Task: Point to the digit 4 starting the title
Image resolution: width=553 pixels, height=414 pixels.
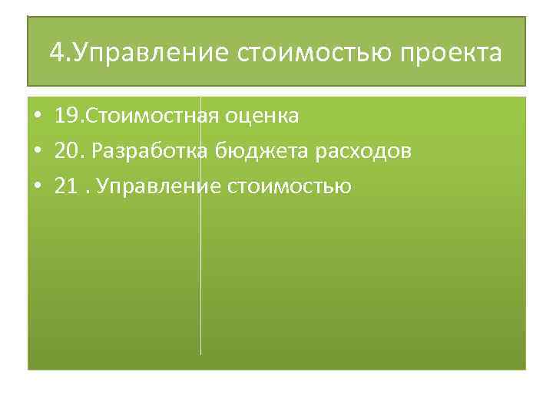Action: pyautogui.click(x=55, y=54)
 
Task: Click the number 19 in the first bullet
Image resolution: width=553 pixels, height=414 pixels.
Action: pyautogui.click(x=66, y=117)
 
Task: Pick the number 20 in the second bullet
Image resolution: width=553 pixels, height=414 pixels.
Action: pyautogui.click(x=67, y=151)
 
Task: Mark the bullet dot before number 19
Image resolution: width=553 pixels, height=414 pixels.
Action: pyautogui.click(x=37, y=117)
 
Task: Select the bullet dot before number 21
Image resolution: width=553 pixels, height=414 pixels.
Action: pyautogui.click(x=37, y=186)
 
